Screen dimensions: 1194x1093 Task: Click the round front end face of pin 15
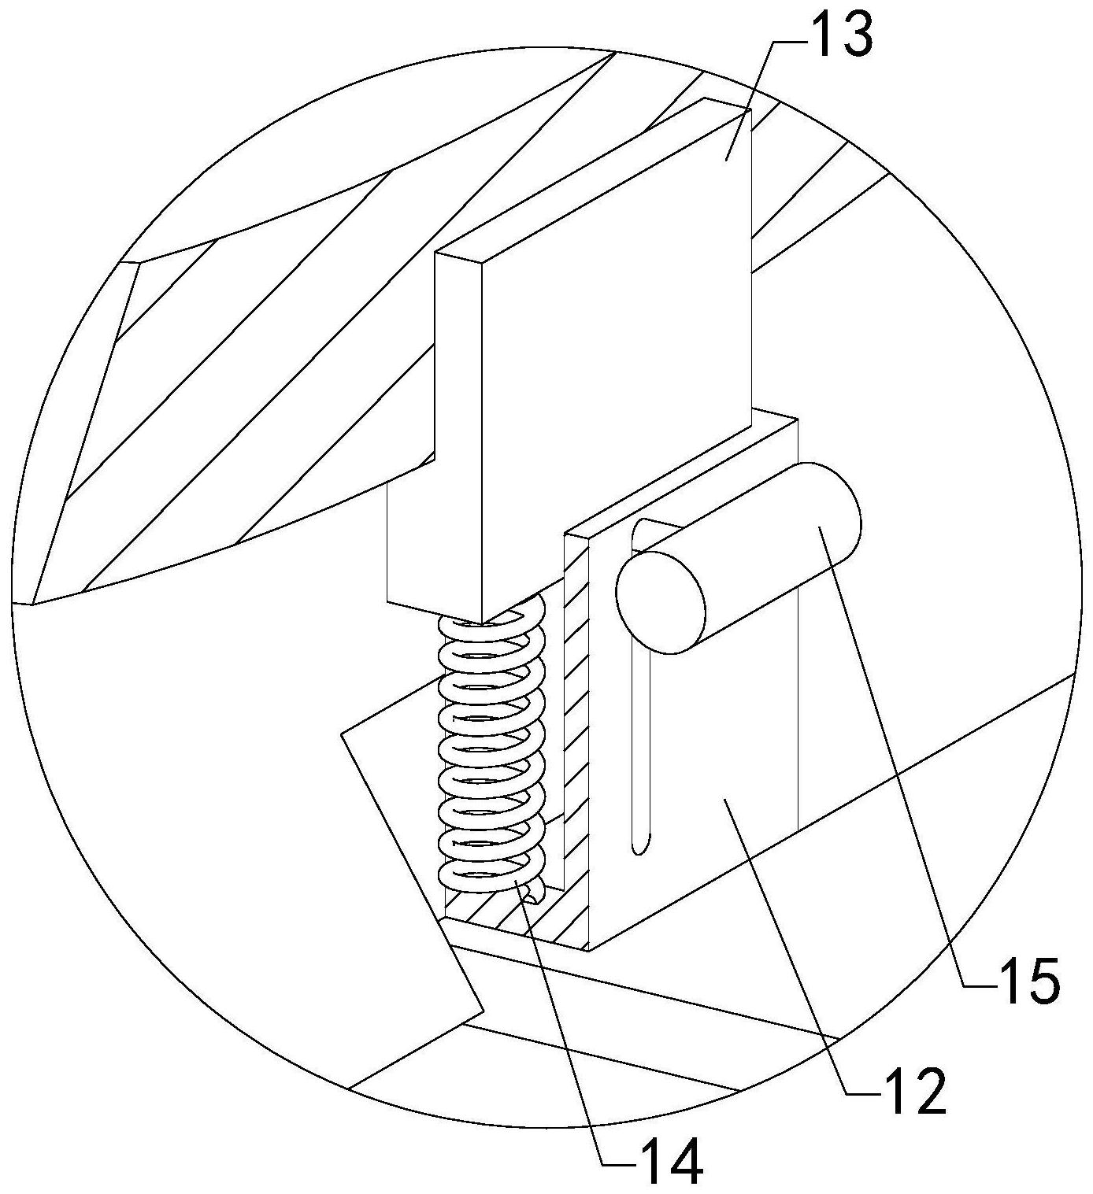660,601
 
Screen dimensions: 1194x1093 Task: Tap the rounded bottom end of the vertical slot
640,845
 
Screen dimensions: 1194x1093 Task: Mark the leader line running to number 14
563,1023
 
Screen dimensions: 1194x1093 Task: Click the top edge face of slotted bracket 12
685,472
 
